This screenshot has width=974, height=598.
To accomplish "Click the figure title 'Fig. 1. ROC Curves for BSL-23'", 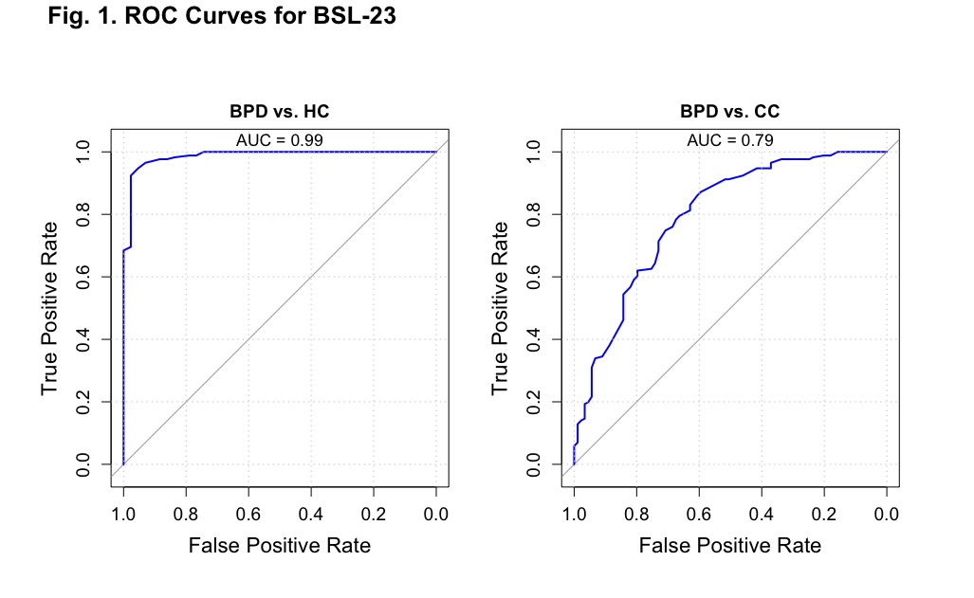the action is (x=222, y=16).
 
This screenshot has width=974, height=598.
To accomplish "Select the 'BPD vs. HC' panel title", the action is (x=280, y=111).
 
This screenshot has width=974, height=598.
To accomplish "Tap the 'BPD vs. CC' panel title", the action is (x=730, y=111).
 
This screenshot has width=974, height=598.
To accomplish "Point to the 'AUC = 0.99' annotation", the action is (x=280, y=140).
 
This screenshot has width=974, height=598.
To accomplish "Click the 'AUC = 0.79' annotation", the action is (x=730, y=140).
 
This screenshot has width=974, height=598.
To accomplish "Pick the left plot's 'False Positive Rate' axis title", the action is (x=280, y=545).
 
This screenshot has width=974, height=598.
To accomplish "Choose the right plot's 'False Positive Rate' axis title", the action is (x=730, y=545).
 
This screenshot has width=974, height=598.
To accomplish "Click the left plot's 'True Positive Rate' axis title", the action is (x=49, y=308).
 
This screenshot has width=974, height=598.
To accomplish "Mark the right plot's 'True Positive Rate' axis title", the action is (x=500, y=308).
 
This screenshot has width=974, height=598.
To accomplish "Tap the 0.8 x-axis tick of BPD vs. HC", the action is (x=186, y=515).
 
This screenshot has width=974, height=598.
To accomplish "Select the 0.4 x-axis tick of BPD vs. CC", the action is (x=761, y=515).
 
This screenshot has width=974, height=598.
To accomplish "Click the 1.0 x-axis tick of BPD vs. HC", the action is (x=123, y=515).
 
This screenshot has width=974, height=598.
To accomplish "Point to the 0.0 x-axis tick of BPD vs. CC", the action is (x=887, y=515).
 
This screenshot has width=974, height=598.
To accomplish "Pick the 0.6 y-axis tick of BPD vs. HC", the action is (x=83, y=277).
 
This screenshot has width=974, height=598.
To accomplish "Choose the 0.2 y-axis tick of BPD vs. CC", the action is (x=533, y=402).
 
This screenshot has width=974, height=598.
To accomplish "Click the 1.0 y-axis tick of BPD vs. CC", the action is (x=533, y=153).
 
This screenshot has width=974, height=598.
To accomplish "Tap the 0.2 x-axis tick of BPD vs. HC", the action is (x=374, y=515).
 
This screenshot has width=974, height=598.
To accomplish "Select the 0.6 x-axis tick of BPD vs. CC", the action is (x=699, y=515).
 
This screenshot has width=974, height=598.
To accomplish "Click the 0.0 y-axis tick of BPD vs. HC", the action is (x=83, y=464).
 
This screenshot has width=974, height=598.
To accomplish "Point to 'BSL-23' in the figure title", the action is (x=355, y=16).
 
